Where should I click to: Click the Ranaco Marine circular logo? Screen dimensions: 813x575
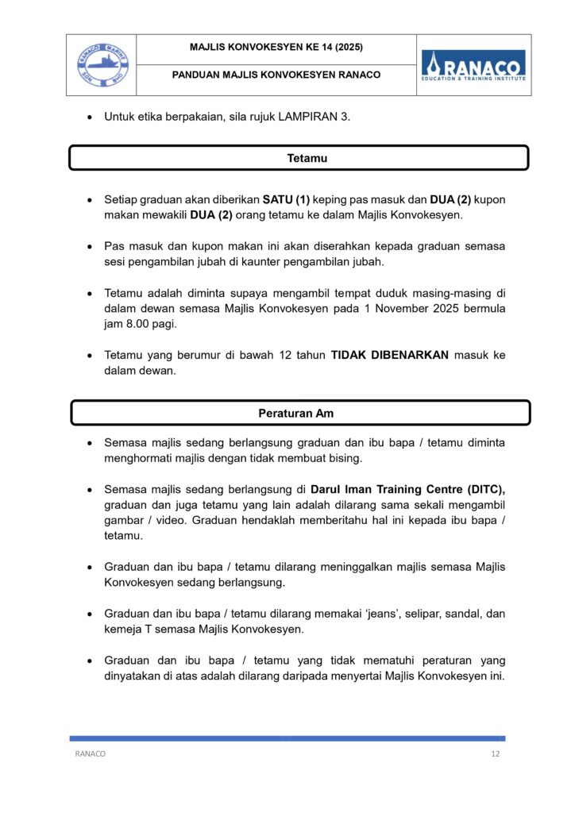pyautogui.click(x=101, y=64)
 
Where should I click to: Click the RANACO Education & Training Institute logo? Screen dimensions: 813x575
pyautogui.click(x=473, y=64)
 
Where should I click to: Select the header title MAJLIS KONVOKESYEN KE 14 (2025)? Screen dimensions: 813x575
pyautogui.click(x=276, y=48)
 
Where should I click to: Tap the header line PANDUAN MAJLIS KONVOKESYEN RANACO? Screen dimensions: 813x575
pyautogui.click(x=276, y=75)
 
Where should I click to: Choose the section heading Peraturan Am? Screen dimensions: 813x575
pyautogui.click(x=300, y=413)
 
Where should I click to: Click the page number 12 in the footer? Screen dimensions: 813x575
pyautogui.click(x=495, y=753)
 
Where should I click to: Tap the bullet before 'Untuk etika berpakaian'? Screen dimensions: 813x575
pyautogui.click(x=89, y=118)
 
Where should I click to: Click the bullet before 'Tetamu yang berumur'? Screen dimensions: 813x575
pyautogui.click(x=89, y=356)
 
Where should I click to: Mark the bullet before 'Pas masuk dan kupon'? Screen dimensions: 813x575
pyautogui.click(x=89, y=246)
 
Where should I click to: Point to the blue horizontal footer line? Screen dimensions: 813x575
pyautogui.click(x=287, y=738)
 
